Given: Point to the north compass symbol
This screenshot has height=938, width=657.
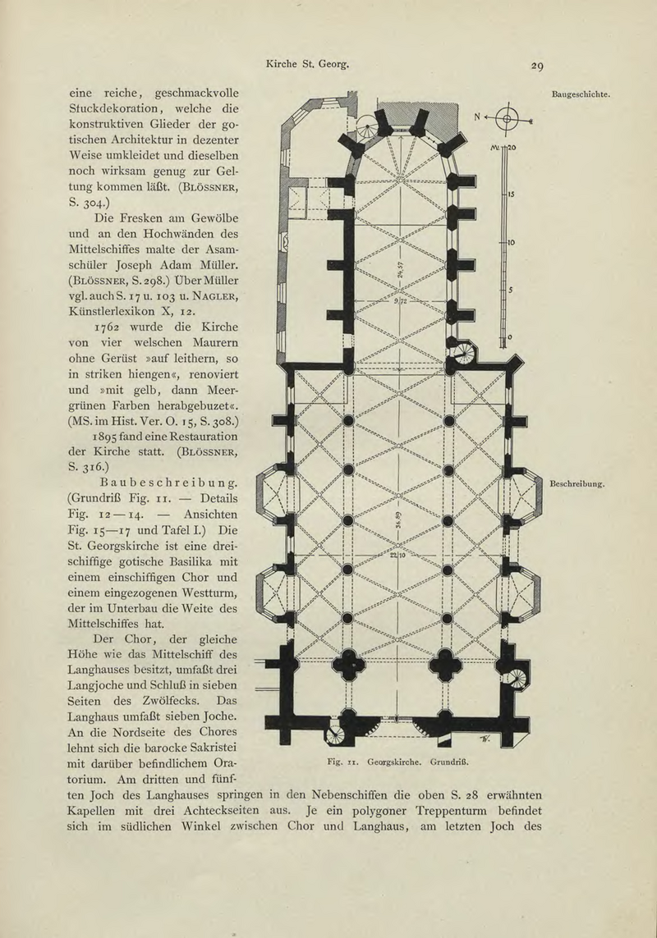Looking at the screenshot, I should [508, 119].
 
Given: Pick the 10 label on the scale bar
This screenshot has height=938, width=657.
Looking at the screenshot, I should [510, 243].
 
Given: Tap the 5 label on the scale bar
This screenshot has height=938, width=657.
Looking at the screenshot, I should [509, 289].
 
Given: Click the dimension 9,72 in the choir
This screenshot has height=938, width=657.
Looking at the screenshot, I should [400, 300].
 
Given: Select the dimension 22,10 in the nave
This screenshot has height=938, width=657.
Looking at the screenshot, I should [397, 556].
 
